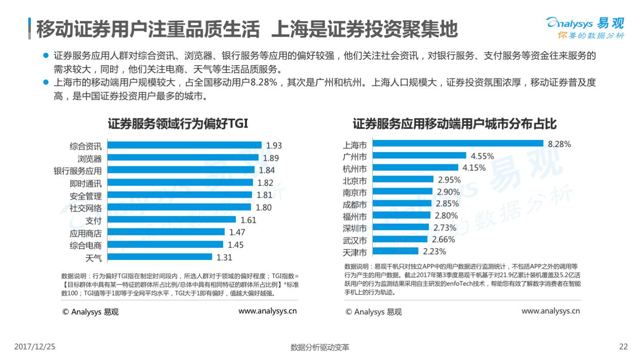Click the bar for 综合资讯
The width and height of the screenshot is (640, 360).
coord(185,146)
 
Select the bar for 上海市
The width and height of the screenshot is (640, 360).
coord(458,144)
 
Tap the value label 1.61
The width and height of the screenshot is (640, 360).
coord(248,220)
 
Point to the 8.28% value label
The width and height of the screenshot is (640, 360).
coord(559,144)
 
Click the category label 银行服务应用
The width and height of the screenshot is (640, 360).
coord(78,171)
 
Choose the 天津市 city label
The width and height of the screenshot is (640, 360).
coord(355,251)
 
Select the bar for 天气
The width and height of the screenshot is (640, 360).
coord(160,257)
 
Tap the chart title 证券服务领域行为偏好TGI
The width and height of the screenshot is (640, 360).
coord(178,124)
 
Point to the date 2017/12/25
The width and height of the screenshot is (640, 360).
coord(34,347)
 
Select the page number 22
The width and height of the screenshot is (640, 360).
coord(623,347)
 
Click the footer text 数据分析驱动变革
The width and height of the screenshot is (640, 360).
coord(320,347)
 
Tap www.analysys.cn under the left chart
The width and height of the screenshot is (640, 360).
coord(268,311)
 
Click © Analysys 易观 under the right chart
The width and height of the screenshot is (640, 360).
coord(373,312)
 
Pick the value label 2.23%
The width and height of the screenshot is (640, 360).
coord(435,251)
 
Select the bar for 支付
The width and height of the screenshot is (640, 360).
coord(173,220)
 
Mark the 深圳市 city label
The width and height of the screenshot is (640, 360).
coord(355,228)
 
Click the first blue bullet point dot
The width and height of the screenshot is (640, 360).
coord(46,56)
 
